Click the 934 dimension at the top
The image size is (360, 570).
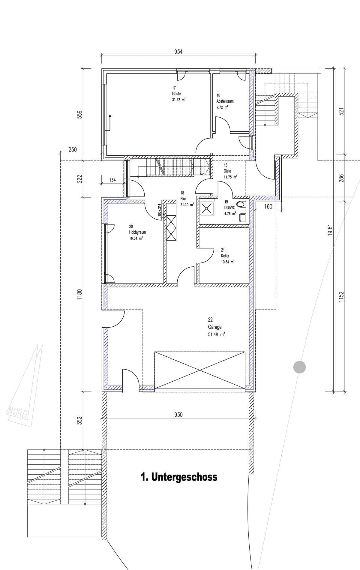(x=178, y=52)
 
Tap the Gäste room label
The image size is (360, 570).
(x=176, y=94)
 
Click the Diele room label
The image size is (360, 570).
(x=227, y=171)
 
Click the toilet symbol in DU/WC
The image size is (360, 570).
(x=240, y=205)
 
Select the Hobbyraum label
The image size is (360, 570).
(x=137, y=232)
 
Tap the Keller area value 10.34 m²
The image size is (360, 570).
(x=227, y=262)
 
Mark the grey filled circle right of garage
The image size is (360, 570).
(x=299, y=367)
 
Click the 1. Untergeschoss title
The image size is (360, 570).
(x=179, y=477)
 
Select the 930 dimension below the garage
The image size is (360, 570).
(x=178, y=415)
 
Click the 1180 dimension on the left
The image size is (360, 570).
(x=79, y=295)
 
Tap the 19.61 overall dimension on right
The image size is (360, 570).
(x=330, y=229)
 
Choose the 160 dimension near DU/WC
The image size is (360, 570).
(x=268, y=206)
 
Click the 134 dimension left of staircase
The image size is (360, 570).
(x=112, y=180)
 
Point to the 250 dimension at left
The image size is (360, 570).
(x=73, y=149)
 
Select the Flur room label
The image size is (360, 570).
(x=183, y=199)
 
